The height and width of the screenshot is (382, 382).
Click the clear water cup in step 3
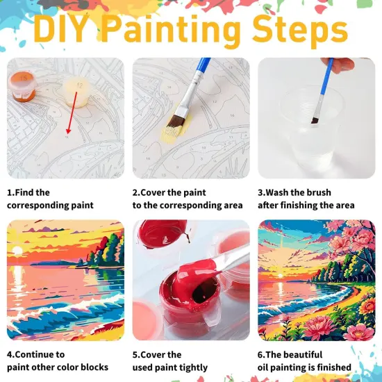coord(303,132)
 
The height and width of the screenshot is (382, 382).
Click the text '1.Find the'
coord(28,192)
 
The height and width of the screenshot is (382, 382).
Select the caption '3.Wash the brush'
coord(294,192)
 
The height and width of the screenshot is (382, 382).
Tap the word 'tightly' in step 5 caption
coord(188,367)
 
